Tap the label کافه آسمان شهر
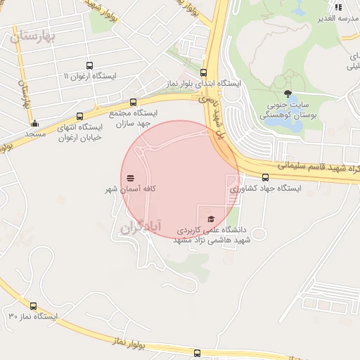point(131,189)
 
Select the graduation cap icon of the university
point(210,219)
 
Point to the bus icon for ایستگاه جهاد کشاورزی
point(265,177)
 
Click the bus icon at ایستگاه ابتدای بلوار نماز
point(204,72)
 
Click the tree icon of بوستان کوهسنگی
point(287,94)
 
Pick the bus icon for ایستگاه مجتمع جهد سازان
point(134,101)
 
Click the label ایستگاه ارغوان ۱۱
point(87,75)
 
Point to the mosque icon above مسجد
point(34,124)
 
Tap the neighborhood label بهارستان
point(33,37)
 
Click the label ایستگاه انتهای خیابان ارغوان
point(81,132)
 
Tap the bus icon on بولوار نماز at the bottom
point(198,352)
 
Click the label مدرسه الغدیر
point(340,18)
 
